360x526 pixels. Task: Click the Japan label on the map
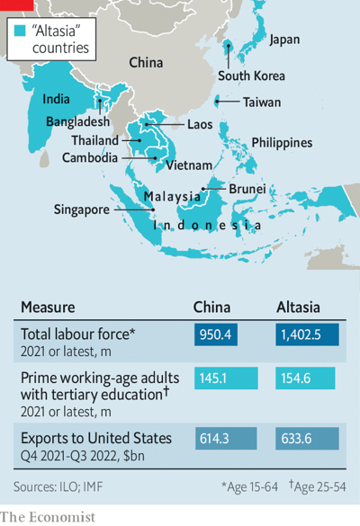[284, 40]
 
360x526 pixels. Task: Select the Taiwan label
[262, 103]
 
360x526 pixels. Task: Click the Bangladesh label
[76, 121]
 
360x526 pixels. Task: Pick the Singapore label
[80, 209]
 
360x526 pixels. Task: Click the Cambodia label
[90, 157]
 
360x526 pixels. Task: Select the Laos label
[200, 124]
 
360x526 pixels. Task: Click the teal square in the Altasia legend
[22, 31]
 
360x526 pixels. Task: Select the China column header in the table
[213, 308]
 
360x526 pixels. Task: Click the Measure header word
[48, 308]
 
